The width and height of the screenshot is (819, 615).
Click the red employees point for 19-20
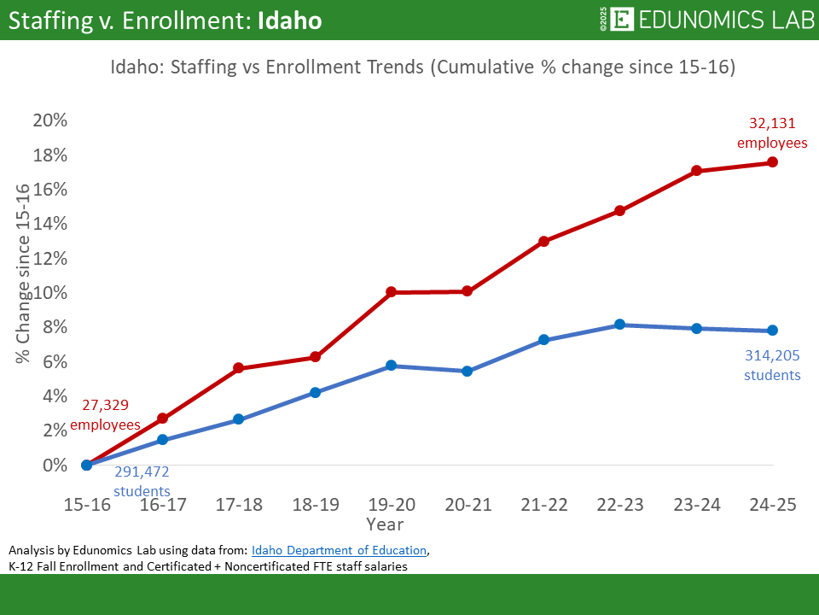(x=391, y=292)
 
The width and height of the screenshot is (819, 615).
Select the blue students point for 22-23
(x=620, y=325)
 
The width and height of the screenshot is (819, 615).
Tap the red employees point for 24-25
(x=772, y=162)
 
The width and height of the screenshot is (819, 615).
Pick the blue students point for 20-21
(x=468, y=372)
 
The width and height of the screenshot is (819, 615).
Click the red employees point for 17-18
(x=239, y=368)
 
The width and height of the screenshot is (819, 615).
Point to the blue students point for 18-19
(x=315, y=393)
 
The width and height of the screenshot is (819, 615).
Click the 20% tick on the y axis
(x=49, y=120)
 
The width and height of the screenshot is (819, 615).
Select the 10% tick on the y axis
(x=49, y=292)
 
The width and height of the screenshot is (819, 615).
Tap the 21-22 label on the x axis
(x=543, y=505)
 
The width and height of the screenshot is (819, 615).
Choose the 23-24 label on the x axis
(x=696, y=505)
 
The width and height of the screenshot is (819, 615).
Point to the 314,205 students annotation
(x=772, y=366)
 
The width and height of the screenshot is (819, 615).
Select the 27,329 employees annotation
(x=105, y=415)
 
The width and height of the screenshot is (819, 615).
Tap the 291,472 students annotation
(x=142, y=482)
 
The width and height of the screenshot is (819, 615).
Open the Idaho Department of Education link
(x=339, y=549)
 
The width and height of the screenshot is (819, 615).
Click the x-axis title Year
(x=385, y=524)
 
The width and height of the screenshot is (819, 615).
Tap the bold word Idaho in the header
(x=289, y=20)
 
